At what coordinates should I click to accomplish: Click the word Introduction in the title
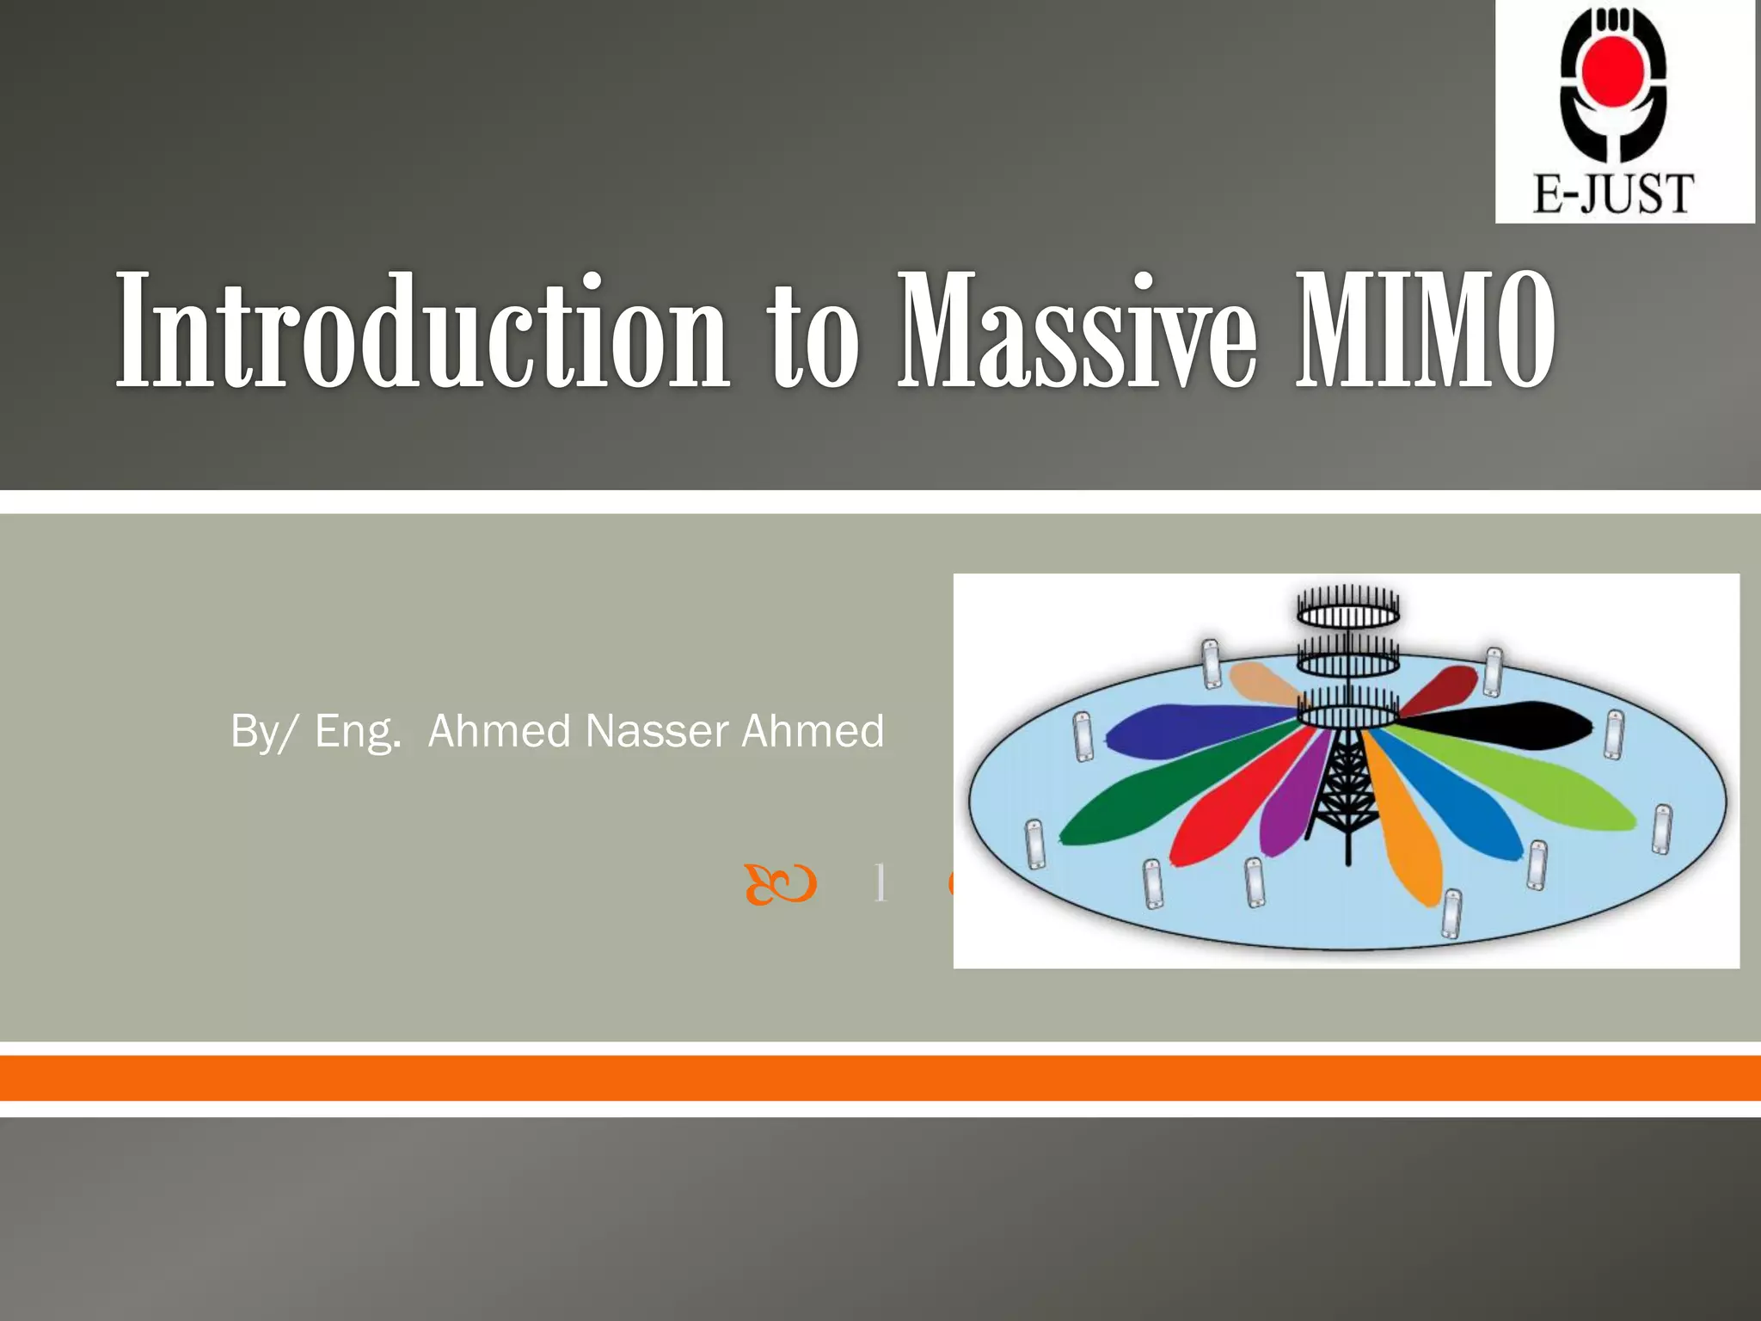pyautogui.click(x=421, y=331)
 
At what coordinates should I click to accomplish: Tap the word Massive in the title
pyautogui.click(x=1075, y=331)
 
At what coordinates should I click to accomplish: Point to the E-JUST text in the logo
pyautogui.click(x=1613, y=194)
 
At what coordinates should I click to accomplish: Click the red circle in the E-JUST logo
pyautogui.click(x=1614, y=66)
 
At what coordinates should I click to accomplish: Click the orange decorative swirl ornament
pyautogui.click(x=780, y=885)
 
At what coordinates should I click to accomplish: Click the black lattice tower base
pyautogui.click(x=1343, y=791)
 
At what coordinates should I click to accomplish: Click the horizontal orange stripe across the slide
pyautogui.click(x=880, y=1078)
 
